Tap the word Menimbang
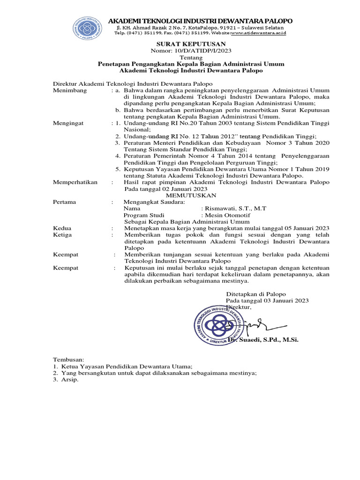click(70, 90)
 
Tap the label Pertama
click(65, 202)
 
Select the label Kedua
click(62, 228)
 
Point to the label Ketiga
click(63, 234)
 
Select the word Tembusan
click(67, 359)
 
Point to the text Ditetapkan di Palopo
click(256, 294)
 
